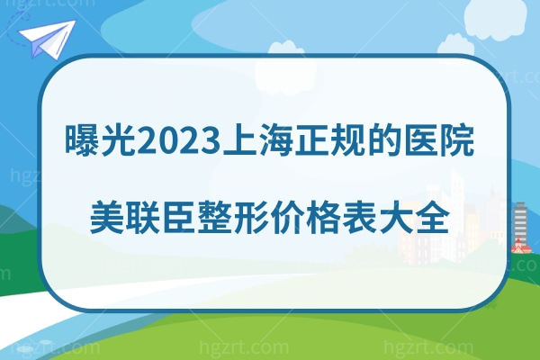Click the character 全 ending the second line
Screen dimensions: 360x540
433,216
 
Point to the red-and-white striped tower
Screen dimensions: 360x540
520,225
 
